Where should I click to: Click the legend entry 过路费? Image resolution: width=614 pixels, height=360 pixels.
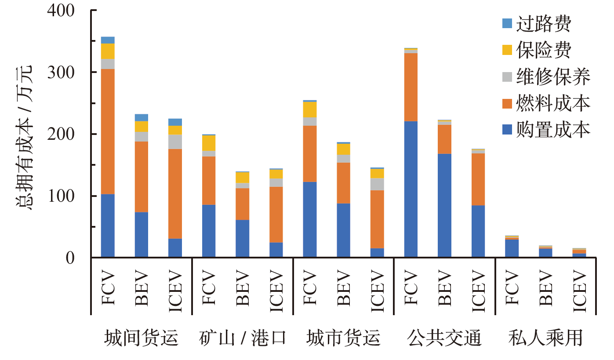pos(544,24)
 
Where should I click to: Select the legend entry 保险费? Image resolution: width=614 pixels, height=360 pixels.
pos(544,51)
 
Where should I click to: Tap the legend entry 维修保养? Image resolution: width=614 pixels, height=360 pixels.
pos(553,77)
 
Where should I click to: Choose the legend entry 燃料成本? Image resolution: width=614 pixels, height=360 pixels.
pos(553,103)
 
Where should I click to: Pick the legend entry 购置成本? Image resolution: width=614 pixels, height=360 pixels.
pos(553,130)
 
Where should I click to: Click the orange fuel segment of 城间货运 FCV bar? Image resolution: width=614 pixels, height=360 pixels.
pos(108,131)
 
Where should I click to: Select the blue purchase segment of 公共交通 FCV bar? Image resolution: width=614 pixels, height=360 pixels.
pos(411,189)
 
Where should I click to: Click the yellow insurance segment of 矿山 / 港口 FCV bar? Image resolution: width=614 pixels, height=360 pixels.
pos(209,143)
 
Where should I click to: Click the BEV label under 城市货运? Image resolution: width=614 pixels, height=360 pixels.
pos(344,287)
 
